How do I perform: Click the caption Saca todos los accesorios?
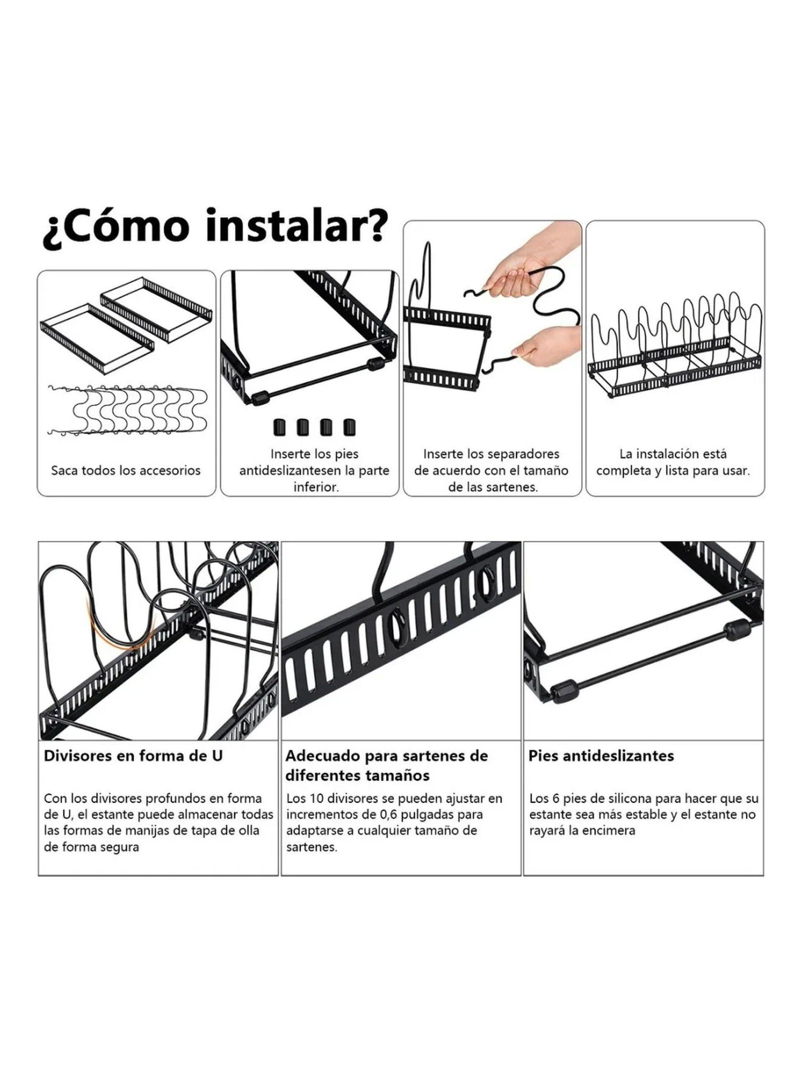[126, 470]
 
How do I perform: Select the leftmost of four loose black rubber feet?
[279, 427]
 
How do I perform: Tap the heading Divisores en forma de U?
[133, 756]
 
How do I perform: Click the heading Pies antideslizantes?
[601, 756]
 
